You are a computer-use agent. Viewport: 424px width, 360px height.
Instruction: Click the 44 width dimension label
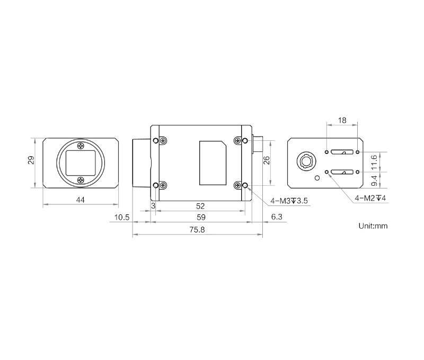tap(81, 200)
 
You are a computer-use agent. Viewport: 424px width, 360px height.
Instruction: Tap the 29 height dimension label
tap(31, 160)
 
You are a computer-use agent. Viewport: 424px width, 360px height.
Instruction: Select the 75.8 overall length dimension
tap(197, 230)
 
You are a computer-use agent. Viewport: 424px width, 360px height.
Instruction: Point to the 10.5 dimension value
tap(122, 217)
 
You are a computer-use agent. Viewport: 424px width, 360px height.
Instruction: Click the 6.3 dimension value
tap(277, 217)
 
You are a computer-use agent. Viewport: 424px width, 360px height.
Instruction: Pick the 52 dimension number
tap(200, 206)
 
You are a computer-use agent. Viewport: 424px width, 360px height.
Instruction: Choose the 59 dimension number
tap(201, 217)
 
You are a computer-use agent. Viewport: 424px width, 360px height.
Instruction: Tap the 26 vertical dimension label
tap(267, 160)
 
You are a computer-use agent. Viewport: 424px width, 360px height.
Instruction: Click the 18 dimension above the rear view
tap(342, 120)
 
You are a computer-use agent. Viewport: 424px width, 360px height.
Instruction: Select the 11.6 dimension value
tap(374, 163)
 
